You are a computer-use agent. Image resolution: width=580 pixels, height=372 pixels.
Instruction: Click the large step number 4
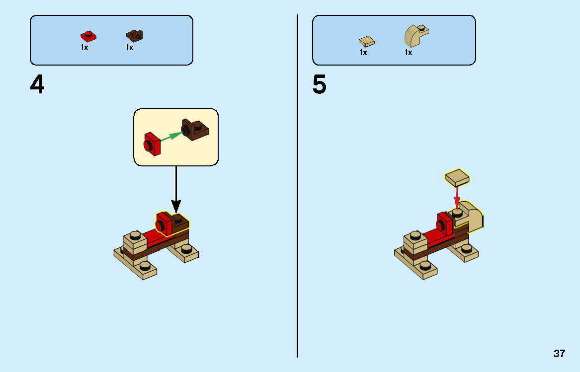(37, 85)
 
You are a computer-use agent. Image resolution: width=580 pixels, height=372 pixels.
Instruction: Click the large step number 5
(320, 85)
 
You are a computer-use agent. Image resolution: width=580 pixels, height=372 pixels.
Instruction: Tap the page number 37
(559, 354)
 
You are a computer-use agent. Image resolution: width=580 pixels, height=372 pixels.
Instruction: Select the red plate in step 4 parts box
(88, 36)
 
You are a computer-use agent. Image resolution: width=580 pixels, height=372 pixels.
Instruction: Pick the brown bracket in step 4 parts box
(134, 35)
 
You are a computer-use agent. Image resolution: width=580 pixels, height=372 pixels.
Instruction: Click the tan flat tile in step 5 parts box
(367, 41)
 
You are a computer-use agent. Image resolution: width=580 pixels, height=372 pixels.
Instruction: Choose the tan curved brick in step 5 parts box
(416, 36)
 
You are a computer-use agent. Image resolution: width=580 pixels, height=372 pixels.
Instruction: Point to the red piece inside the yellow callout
(153, 144)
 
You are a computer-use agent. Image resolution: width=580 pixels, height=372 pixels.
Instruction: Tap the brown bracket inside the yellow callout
(197, 130)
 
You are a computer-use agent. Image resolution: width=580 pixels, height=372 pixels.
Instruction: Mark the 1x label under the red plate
(84, 48)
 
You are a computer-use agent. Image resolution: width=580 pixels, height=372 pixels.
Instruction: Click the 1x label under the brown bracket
(130, 48)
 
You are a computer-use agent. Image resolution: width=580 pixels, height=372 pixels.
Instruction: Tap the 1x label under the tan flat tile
(363, 52)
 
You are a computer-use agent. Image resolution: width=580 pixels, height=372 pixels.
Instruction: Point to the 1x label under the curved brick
(409, 52)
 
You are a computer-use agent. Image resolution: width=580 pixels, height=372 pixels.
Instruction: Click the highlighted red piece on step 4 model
(164, 223)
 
